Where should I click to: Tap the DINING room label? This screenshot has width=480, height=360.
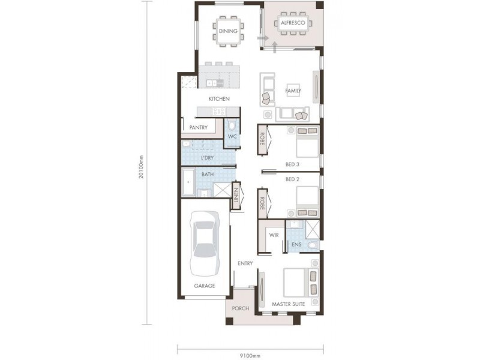(x=227, y=31)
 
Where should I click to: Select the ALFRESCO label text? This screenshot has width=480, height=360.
(x=293, y=23)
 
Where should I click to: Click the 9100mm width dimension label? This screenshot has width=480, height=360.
(x=250, y=355)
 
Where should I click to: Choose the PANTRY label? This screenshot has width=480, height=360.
(x=198, y=127)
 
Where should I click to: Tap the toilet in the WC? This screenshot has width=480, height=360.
(x=232, y=126)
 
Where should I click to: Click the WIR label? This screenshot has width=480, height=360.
(x=274, y=235)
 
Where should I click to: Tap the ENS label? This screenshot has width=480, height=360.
(x=296, y=245)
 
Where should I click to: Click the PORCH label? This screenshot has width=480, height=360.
(x=241, y=308)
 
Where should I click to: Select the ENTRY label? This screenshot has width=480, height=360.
(x=245, y=263)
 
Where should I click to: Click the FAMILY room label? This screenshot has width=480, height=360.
(x=293, y=91)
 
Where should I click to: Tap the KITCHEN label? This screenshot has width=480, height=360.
(x=218, y=98)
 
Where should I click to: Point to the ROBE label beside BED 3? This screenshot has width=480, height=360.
(x=262, y=139)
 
